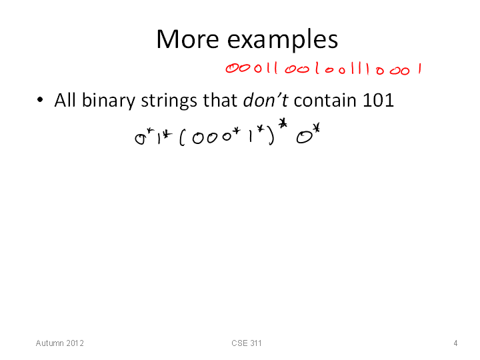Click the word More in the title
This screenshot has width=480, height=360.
tap(187, 39)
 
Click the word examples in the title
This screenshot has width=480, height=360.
tap(282, 41)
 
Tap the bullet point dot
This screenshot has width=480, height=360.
tap(40, 99)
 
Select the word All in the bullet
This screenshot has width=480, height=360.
tap(65, 100)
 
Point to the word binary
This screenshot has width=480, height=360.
tap(109, 101)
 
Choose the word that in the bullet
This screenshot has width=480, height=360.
tap(220, 100)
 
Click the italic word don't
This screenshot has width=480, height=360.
tap(265, 100)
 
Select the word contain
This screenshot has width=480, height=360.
tap(325, 100)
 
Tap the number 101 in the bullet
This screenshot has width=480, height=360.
tap(378, 100)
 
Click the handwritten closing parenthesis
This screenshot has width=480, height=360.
tap(271, 137)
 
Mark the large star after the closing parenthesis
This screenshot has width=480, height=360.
tap(283, 124)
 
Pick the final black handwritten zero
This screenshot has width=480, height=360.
tap(304, 138)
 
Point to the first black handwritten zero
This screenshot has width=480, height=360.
tap(140, 139)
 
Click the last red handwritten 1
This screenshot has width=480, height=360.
tap(420, 69)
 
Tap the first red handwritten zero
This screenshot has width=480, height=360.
tap(232, 68)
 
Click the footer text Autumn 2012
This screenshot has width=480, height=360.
tap(60, 343)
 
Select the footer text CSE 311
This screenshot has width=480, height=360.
tap(247, 343)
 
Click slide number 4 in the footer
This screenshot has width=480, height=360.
tap(455, 343)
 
